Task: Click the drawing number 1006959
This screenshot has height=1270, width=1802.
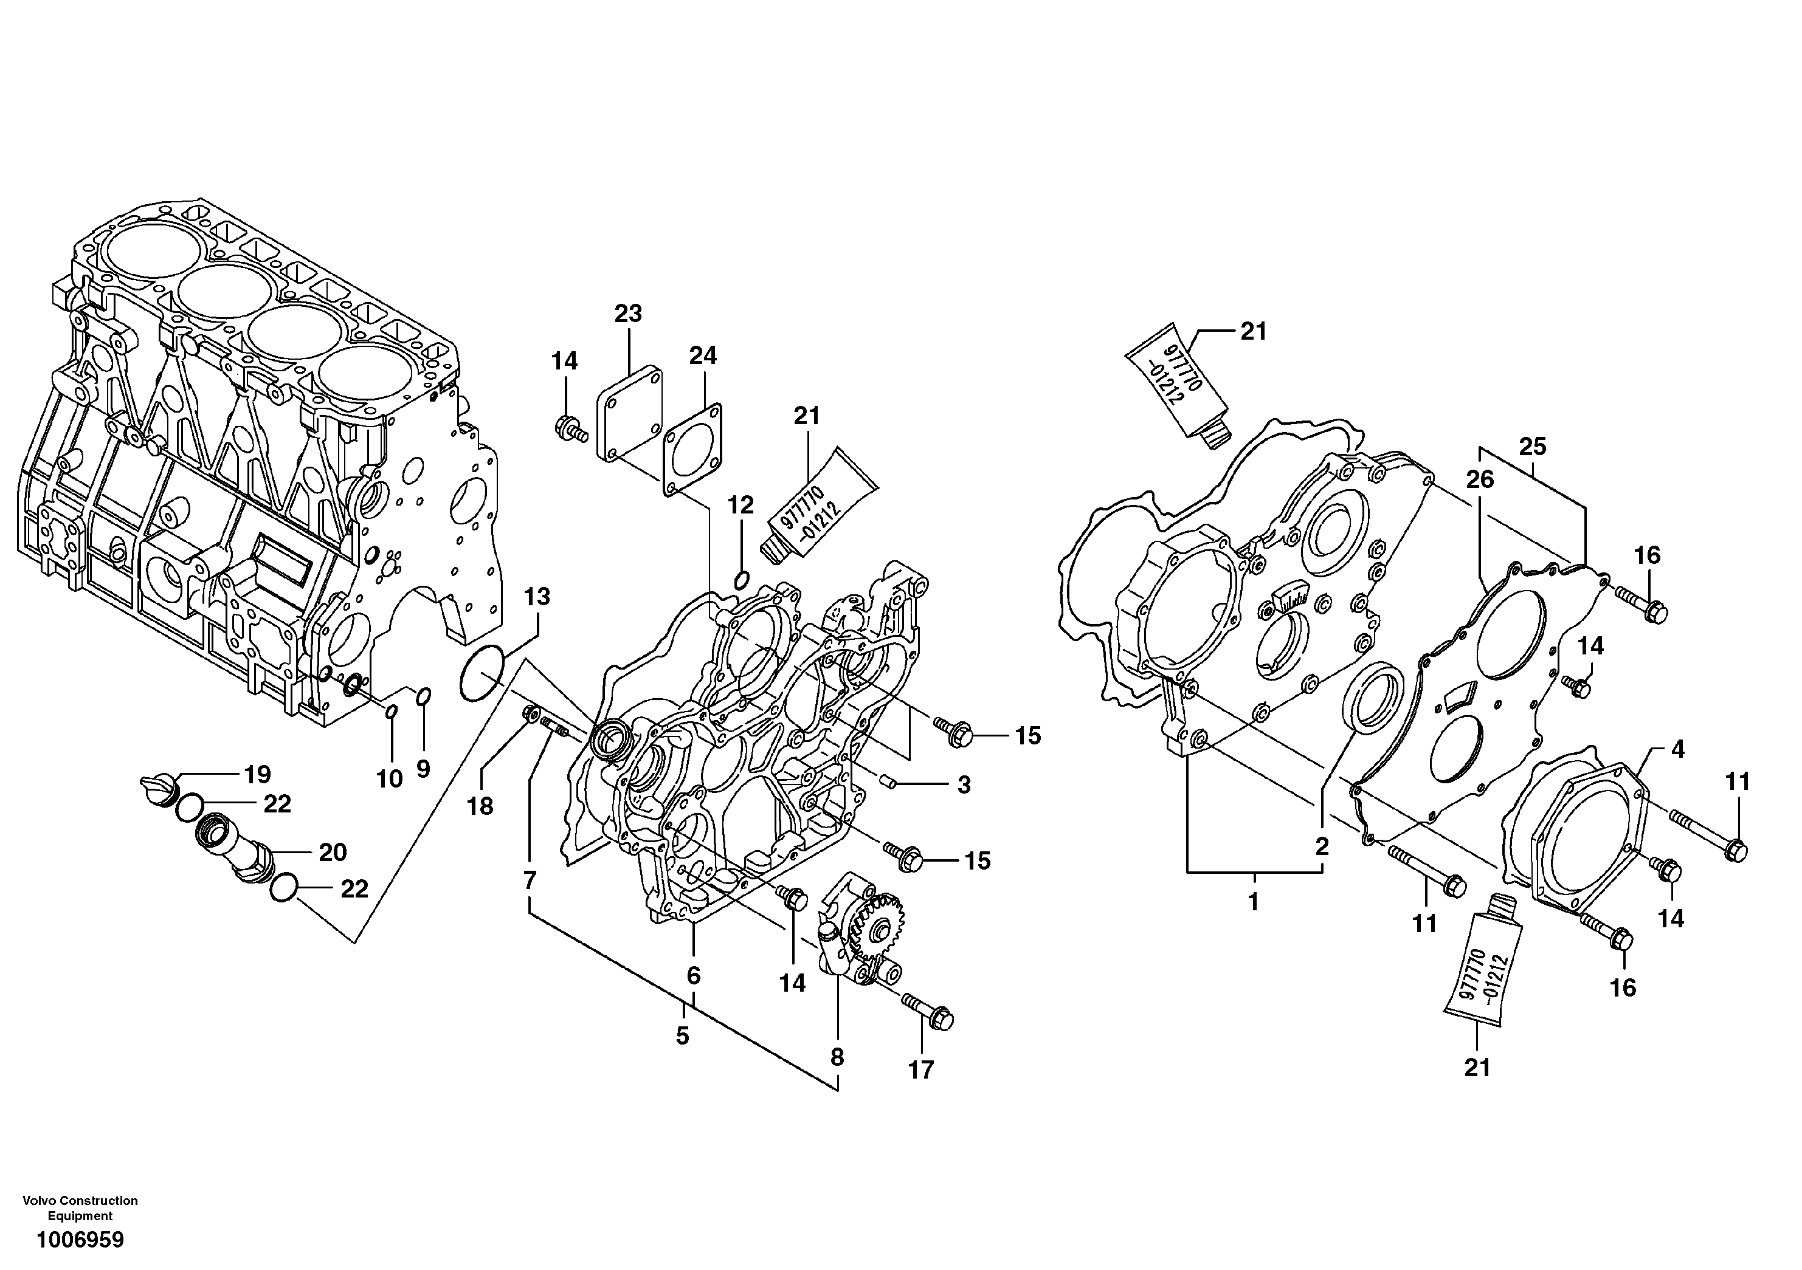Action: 79,1240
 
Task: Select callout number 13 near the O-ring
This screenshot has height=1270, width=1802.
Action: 537,597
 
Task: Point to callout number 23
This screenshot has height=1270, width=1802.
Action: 628,314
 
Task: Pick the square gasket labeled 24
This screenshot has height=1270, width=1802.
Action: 692,450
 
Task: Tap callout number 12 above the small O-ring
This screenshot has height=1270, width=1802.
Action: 740,504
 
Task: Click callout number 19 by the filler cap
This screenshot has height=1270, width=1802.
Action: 257,774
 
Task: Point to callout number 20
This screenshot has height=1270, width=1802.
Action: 333,852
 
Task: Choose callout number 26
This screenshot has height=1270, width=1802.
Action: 1479,479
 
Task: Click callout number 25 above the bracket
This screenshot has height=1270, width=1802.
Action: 1532,447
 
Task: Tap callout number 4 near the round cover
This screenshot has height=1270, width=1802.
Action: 1677,749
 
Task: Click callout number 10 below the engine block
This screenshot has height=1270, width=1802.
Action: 389,779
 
